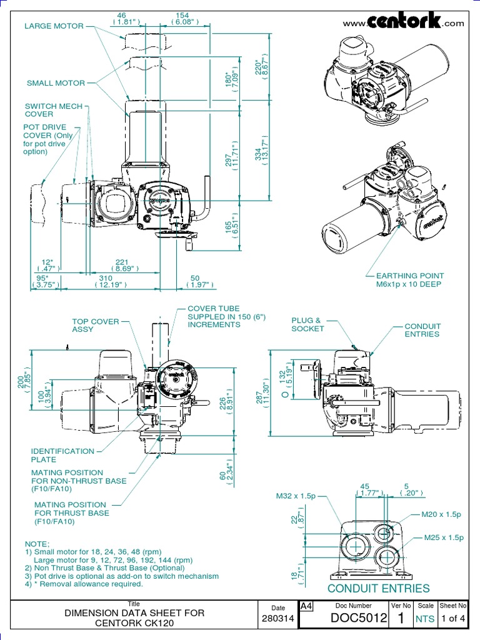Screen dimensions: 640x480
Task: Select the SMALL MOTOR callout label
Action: click(55, 82)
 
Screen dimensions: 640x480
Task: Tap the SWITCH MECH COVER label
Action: click(53, 110)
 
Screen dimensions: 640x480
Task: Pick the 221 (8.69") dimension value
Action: click(123, 266)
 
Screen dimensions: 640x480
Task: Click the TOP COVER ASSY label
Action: click(95, 325)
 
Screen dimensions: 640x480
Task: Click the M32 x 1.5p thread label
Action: click(296, 497)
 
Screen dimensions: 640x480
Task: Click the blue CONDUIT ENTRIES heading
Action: click(379, 588)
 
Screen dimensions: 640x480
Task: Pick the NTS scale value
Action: click(425, 619)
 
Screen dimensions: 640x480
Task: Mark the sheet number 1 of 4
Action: click(453, 619)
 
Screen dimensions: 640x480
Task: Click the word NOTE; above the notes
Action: click(36, 544)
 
